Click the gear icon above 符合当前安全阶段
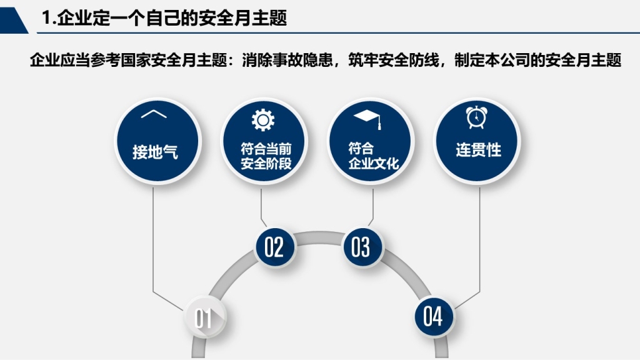[263, 120]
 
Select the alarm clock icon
[476, 117]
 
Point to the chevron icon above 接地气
[154, 114]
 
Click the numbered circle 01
[204, 317]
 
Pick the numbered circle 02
[274, 247]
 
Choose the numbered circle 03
[361, 247]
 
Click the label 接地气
[155, 152]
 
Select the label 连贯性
[478, 150]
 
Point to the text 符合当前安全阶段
[266, 156]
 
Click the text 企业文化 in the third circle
[374, 163]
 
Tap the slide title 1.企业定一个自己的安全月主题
[164, 18]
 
